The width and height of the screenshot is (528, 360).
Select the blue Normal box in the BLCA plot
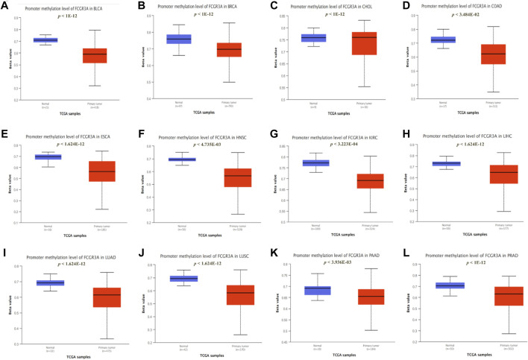tap(45, 40)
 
